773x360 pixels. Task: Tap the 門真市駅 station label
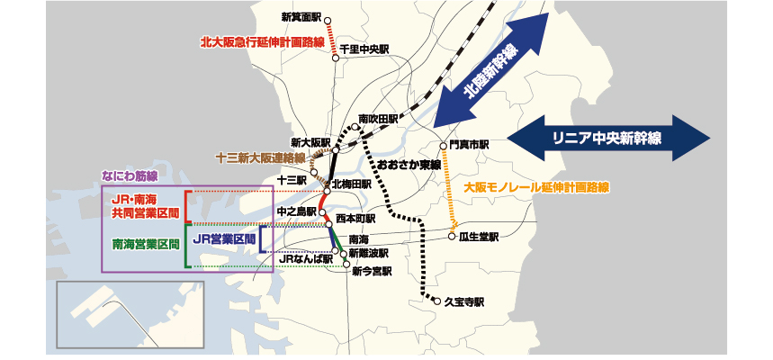pos(469,144)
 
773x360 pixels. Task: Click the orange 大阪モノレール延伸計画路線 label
pos(536,188)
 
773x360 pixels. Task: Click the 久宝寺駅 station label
pos(464,301)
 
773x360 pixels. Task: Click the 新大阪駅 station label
pos(310,143)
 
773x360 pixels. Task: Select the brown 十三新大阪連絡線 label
pos(260,157)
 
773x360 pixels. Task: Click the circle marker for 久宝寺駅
pos(423,301)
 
